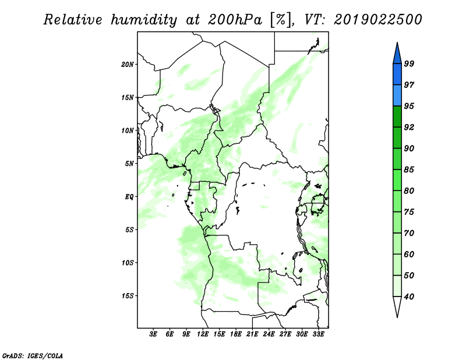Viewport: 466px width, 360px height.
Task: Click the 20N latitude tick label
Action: click(x=128, y=65)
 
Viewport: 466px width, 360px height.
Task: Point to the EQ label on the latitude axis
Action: click(x=129, y=197)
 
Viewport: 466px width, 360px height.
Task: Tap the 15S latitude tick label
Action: click(x=128, y=296)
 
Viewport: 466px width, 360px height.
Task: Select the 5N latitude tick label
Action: click(x=129, y=164)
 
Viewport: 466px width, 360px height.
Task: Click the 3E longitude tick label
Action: click(x=153, y=334)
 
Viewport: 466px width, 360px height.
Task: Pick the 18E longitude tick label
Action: click(x=236, y=334)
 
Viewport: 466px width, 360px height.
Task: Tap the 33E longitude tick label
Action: click(x=318, y=334)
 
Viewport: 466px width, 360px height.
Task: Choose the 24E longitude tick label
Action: click(x=269, y=334)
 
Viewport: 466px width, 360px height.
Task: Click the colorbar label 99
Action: click(x=409, y=63)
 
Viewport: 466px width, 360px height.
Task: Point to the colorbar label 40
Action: click(x=409, y=297)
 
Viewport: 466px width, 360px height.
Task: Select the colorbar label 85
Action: click(x=409, y=170)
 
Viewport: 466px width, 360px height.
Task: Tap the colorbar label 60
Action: click(x=409, y=254)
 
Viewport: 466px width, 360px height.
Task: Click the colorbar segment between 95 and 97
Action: click(x=397, y=96)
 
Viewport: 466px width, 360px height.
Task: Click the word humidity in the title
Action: click(x=144, y=20)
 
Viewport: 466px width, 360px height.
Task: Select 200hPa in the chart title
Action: click(x=235, y=20)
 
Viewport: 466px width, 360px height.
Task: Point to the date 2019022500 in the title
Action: click(x=377, y=20)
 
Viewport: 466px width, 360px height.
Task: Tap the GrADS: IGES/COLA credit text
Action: click(x=33, y=356)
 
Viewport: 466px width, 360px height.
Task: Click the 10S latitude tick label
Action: click(x=128, y=263)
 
